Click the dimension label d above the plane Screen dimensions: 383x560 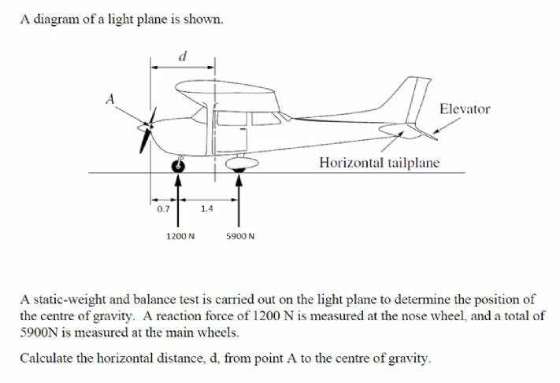(182, 55)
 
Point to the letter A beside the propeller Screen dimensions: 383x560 (111, 99)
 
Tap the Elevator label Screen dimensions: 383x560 (464, 109)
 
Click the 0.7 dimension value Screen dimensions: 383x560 (162, 209)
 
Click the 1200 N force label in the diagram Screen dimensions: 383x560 (181, 235)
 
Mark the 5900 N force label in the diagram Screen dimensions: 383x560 (239, 235)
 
